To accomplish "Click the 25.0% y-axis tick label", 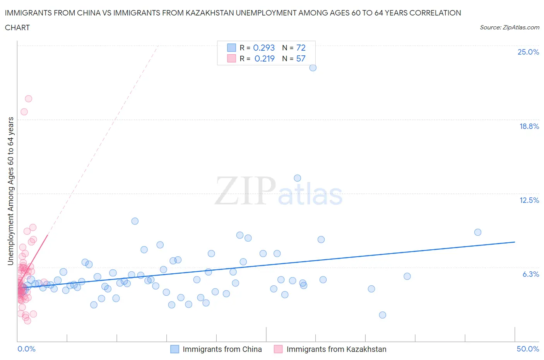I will [528, 52].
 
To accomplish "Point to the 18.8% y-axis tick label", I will [529, 126].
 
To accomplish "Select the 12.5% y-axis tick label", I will [529, 200].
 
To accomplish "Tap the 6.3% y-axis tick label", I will [530, 274].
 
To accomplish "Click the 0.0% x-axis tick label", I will [26, 349].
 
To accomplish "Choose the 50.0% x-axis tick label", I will [528, 349].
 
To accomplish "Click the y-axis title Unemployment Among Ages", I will [11, 191].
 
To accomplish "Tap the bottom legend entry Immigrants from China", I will [222, 349].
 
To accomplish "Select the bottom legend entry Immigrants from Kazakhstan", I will [336, 349].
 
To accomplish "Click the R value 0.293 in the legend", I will [264, 48].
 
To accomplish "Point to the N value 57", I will [301, 58].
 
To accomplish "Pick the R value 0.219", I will [265, 58].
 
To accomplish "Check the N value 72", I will [301, 48].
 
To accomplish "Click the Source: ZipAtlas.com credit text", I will [509, 27].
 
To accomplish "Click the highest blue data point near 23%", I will [313, 68].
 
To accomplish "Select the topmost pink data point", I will [28, 99].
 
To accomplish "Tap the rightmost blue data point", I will [477, 232].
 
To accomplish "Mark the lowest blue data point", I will [382, 315].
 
